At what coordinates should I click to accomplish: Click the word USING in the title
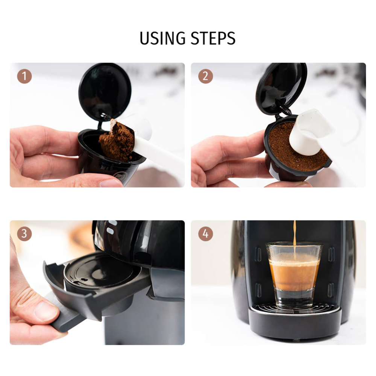coord(162,38)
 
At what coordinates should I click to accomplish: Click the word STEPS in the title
coord(213,38)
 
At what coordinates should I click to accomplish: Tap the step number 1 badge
coord(24,76)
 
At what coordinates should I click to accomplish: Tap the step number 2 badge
coord(206,76)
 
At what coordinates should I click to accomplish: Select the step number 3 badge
coord(24,233)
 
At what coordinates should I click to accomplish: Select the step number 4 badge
coord(206,233)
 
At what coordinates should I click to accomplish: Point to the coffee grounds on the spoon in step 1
coord(117,141)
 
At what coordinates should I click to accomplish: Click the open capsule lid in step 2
coord(281,88)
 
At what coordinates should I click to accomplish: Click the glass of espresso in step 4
coord(294,275)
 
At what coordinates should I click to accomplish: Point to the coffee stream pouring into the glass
coord(294,240)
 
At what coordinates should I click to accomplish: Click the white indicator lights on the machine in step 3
coord(111,227)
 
